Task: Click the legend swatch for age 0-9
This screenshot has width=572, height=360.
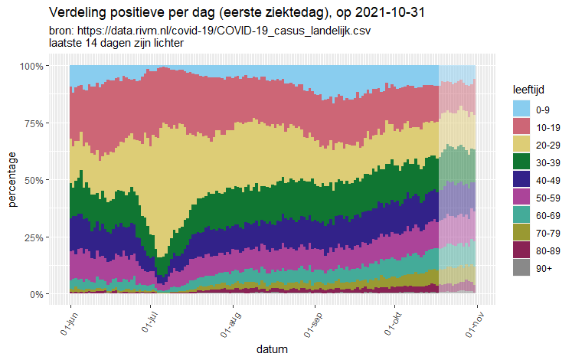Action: pos(521,108)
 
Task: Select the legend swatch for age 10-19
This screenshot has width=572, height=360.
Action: pos(521,126)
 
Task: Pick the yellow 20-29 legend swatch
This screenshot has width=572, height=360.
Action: pos(521,143)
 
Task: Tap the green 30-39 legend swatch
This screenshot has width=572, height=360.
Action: pos(521,161)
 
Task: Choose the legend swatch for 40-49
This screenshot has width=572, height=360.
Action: pos(521,178)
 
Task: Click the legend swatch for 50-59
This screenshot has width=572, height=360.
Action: pos(521,196)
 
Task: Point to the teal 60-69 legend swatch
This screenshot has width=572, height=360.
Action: pos(521,214)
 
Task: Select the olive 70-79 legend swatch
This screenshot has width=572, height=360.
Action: pos(521,231)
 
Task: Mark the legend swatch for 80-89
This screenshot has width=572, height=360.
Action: pos(521,249)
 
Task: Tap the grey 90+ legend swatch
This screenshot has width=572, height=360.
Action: pos(521,267)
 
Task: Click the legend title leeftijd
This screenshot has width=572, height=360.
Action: pos(528,90)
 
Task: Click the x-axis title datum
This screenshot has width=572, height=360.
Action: pos(273,350)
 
